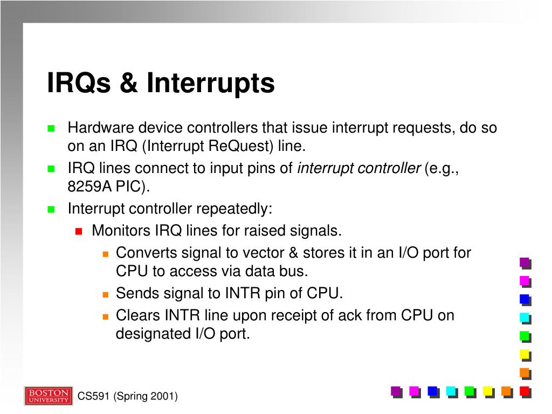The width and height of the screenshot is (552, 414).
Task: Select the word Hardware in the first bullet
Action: click(100, 128)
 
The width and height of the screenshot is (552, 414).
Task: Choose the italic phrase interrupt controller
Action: click(358, 168)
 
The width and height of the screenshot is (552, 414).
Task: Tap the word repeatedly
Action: click(234, 209)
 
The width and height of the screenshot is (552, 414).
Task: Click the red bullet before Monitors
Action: click(78, 231)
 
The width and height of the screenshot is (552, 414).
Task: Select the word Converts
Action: click(146, 252)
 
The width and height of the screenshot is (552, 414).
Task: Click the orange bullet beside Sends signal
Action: click(106, 294)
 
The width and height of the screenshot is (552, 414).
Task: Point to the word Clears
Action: click(138, 315)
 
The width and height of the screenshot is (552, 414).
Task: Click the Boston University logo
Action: click(48, 396)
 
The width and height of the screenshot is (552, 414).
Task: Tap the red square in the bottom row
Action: click(524, 391)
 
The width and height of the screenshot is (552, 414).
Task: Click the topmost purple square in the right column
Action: click(524, 263)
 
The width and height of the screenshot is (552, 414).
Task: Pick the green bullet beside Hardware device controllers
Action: click(51, 129)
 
